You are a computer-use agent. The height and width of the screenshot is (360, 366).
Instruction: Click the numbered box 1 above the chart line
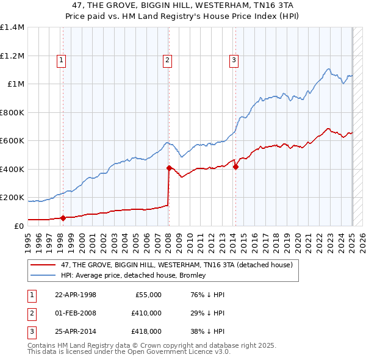click(x=62, y=60)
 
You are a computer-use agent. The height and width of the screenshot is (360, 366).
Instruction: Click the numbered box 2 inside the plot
click(x=167, y=60)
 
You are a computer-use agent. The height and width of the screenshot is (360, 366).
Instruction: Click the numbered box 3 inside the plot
click(x=234, y=60)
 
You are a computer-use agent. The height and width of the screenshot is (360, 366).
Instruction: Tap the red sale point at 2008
click(x=168, y=167)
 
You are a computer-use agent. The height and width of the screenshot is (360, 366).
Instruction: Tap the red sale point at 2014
click(x=235, y=167)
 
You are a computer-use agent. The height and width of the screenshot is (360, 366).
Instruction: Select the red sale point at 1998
click(x=63, y=218)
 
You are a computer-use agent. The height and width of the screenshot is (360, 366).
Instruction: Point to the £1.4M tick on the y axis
click(x=12, y=27)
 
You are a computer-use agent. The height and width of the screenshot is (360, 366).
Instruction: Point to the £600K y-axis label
click(x=12, y=141)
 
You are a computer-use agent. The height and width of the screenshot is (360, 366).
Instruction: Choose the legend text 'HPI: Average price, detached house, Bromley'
click(x=133, y=275)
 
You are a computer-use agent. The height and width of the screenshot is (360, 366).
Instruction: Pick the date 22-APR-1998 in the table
click(x=76, y=295)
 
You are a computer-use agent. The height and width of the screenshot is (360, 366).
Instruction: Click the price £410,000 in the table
click(x=146, y=313)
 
